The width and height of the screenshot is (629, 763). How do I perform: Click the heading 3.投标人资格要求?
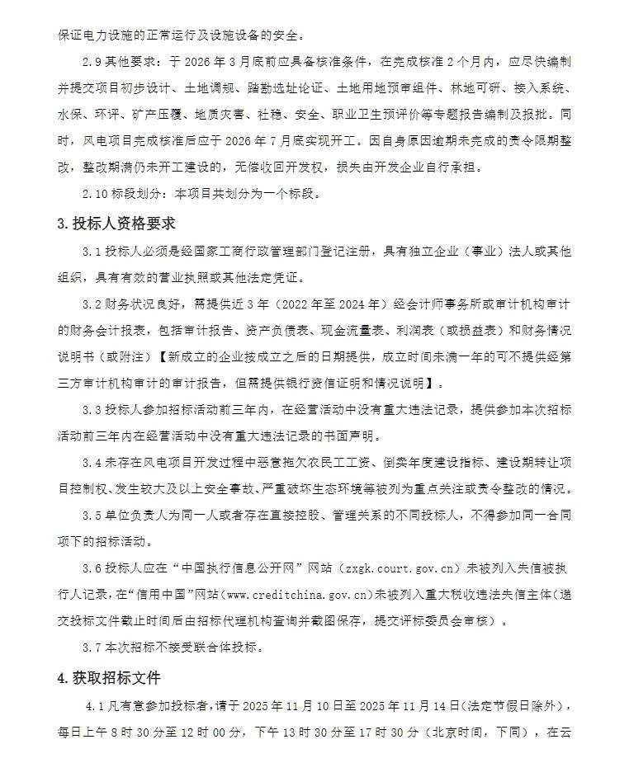116,224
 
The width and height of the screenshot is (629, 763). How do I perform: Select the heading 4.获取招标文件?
109,678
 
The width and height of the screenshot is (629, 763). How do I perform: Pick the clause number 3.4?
92,463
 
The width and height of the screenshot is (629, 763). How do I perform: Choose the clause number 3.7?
92,647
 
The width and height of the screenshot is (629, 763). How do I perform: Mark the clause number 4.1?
97,707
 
